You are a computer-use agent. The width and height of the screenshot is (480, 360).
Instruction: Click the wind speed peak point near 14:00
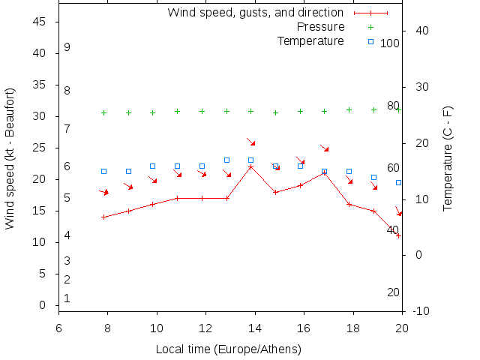click(251, 166)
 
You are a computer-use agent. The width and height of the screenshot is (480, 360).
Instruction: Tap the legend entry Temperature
click(310, 40)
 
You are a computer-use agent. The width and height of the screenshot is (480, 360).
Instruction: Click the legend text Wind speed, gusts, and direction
click(255, 13)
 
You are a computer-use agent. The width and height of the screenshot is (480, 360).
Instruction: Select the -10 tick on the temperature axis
click(422, 311)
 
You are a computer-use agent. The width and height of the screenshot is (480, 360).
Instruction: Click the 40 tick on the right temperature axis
click(421, 31)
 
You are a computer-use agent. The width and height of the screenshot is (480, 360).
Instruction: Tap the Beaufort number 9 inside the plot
click(67, 47)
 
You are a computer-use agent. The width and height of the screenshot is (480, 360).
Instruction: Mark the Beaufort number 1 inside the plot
click(67, 298)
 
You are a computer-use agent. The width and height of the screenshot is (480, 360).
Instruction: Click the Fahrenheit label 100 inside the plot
click(390, 43)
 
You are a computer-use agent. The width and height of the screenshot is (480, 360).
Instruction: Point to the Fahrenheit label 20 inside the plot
click(393, 292)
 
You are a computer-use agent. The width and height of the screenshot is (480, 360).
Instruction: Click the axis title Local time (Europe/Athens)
click(228, 349)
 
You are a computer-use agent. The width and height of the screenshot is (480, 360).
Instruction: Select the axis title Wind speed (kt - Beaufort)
click(10, 158)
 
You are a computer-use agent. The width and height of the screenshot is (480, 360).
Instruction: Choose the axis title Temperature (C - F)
click(448, 158)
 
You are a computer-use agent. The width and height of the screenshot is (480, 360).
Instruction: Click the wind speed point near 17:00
click(324, 172)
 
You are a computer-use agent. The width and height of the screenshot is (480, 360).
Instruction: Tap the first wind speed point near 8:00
click(103, 217)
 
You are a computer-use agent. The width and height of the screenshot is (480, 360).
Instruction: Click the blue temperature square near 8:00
click(103, 172)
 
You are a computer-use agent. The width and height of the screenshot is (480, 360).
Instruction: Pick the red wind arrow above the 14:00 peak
click(251, 142)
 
